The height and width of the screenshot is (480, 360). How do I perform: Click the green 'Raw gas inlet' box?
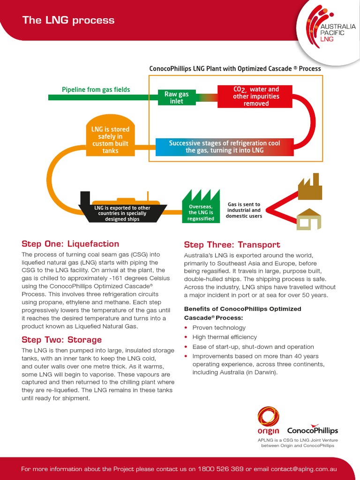176,97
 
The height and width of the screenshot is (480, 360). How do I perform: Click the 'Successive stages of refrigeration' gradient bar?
225,147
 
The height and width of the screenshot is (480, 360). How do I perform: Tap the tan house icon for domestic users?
309,219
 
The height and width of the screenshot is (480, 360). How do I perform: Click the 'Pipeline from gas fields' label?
96,90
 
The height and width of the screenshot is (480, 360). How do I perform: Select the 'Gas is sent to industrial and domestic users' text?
244,210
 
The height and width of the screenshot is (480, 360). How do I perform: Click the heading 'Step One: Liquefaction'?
70,244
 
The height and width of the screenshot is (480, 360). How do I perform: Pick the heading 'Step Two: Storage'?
61,339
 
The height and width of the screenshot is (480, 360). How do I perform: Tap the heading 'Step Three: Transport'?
232,245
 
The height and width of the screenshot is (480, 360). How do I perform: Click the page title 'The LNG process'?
68,20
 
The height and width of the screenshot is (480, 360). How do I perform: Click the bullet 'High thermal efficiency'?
225,337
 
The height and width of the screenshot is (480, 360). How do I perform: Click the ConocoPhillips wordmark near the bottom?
312,430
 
